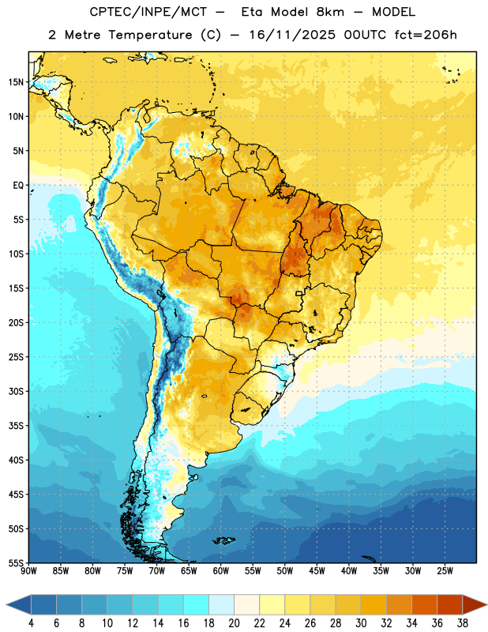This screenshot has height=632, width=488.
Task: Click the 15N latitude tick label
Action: pyautogui.click(x=16, y=82)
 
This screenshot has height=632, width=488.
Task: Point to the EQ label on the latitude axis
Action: pyautogui.click(x=18, y=186)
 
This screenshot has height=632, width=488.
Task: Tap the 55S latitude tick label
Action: pyautogui.click(x=16, y=562)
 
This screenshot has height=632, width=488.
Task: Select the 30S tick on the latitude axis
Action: pyautogui.click(x=16, y=391)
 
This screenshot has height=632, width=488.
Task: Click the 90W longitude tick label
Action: pyautogui.click(x=28, y=571)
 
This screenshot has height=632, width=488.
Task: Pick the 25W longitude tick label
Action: pyautogui.click(x=445, y=571)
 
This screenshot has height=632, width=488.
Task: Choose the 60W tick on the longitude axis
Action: pyautogui.click(x=221, y=571)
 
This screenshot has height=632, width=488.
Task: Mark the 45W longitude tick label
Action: pyautogui.click(x=317, y=571)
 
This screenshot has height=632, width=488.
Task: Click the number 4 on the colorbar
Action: pyautogui.click(x=31, y=623)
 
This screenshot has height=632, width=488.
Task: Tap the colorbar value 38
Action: pyautogui.click(x=463, y=623)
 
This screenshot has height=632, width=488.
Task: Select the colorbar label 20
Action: pyautogui.click(x=234, y=623)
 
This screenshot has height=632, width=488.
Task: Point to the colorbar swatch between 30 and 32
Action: pyautogui.click(x=374, y=605)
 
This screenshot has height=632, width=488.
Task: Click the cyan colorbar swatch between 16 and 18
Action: pyautogui.click(x=196, y=605)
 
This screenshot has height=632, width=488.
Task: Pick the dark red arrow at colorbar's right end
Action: pyautogui.click(x=475, y=605)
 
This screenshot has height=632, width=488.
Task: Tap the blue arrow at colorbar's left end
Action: pyautogui.click(x=18, y=605)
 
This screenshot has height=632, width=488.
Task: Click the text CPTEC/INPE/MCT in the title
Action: pyautogui.click(x=148, y=12)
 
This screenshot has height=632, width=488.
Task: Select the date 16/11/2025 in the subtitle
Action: pyautogui.click(x=292, y=35)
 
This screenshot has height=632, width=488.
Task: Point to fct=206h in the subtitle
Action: pyautogui.click(x=426, y=35)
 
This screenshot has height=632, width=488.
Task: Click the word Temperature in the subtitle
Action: pyautogui.click(x=150, y=36)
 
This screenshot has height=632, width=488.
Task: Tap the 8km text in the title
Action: pyautogui.click(x=330, y=12)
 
